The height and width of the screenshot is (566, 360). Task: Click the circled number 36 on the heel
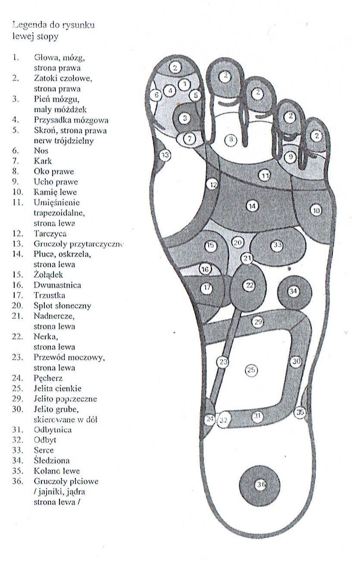(x=260, y=485)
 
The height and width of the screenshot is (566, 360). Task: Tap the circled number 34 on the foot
(x=293, y=291)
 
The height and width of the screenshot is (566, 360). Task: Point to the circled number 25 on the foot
(x=250, y=369)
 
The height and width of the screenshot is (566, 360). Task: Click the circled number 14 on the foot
(x=252, y=206)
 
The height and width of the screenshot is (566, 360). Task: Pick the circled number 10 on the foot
(x=316, y=210)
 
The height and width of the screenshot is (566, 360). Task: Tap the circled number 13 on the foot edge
(x=164, y=155)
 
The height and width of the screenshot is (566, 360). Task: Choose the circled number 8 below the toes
(x=231, y=139)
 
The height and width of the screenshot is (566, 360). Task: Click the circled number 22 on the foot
(x=249, y=285)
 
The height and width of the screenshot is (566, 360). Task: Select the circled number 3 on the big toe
(x=185, y=118)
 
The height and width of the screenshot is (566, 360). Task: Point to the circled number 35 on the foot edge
(x=300, y=413)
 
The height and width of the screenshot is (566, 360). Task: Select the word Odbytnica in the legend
(x=52, y=430)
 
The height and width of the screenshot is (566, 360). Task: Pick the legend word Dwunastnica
(x=57, y=285)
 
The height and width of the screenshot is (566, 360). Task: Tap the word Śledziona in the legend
(x=51, y=461)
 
